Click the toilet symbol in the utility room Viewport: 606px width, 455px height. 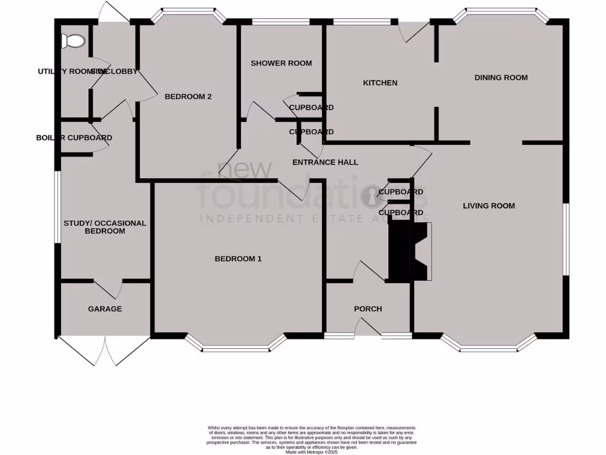pyautogui.click(x=73, y=40)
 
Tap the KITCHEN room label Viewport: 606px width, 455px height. pyautogui.click(x=380, y=83)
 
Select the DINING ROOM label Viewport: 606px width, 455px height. pyautogui.click(x=501, y=78)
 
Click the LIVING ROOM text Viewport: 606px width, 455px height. pyautogui.click(x=489, y=206)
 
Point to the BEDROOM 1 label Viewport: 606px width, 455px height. pyautogui.click(x=238, y=259)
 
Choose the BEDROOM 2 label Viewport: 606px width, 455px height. pyautogui.click(x=188, y=97)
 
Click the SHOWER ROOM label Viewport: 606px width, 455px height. pyautogui.click(x=281, y=63)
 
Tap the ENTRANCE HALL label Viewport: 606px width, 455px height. pyautogui.click(x=325, y=162)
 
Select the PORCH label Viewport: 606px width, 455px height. pyautogui.click(x=368, y=309)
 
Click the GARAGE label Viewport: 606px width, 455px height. pyautogui.click(x=105, y=309)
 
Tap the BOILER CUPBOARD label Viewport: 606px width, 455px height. pyautogui.click(x=74, y=138)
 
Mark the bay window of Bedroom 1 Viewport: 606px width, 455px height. pyautogui.click(x=236, y=346)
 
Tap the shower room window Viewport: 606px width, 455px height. pyautogui.click(x=281, y=23)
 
